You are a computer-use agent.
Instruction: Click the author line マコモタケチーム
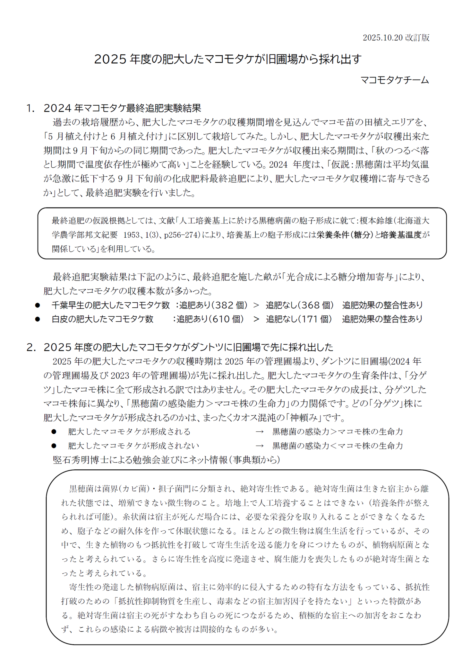tap(394, 80)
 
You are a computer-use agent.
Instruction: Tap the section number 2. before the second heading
tap(31, 347)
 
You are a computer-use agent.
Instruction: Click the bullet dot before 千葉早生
tap(38, 305)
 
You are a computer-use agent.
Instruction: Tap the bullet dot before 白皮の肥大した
tap(38, 319)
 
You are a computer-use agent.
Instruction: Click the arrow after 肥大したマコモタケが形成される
tap(260, 432)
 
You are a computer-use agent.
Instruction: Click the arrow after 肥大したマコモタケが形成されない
tap(260, 446)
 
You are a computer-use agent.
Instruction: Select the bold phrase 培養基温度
tap(401, 235)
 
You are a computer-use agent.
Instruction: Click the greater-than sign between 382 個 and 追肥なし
tap(256, 305)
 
